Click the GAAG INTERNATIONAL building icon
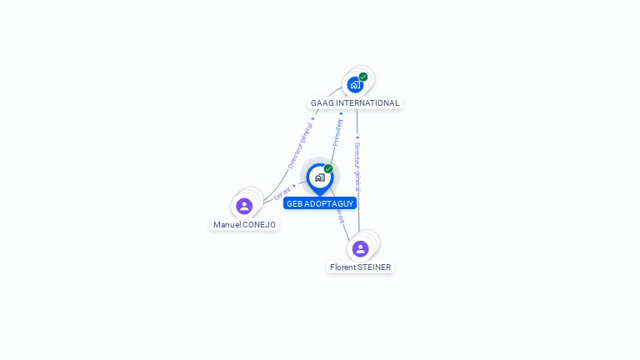[x=355, y=85]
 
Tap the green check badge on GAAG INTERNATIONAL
[x=363, y=77]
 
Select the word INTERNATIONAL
[x=367, y=103]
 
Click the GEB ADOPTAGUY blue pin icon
[x=319, y=177]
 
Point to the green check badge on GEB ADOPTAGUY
[x=328, y=169]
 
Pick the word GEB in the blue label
[x=294, y=203]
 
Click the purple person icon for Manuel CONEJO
[x=244, y=206]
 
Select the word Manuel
[x=227, y=225]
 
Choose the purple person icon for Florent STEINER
[x=360, y=248]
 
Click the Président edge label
[x=337, y=132]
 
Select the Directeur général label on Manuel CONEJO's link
[x=300, y=142]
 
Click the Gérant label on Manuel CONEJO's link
[x=283, y=192]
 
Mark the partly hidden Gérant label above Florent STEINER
[x=340, y=217]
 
